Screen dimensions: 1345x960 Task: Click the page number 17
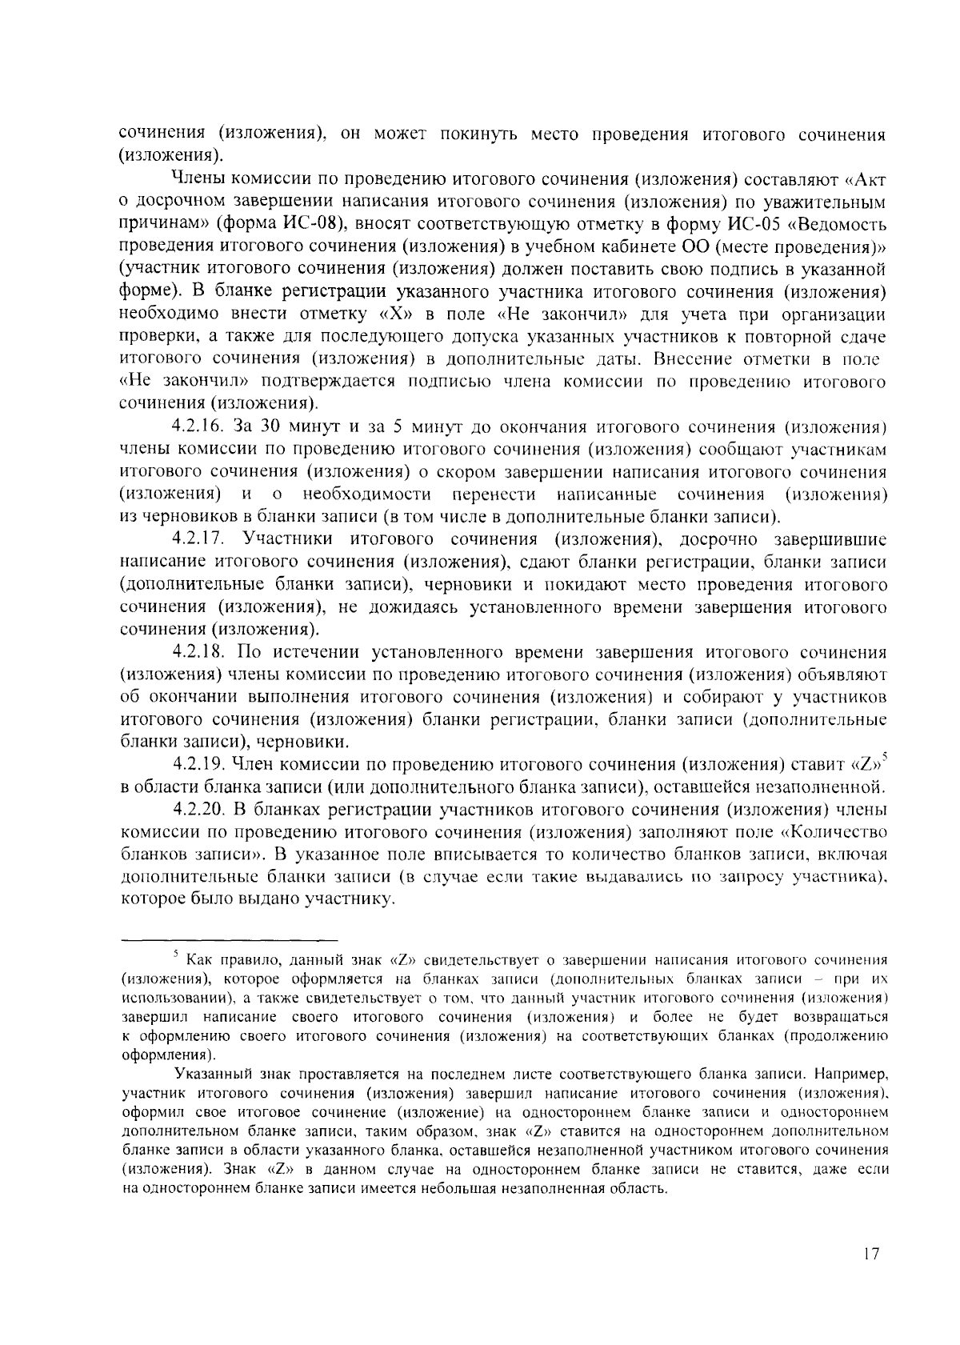[871, 1254]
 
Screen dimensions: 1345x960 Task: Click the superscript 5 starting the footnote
[174, 952]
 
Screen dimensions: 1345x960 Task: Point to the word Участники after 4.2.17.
[288, 540]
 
